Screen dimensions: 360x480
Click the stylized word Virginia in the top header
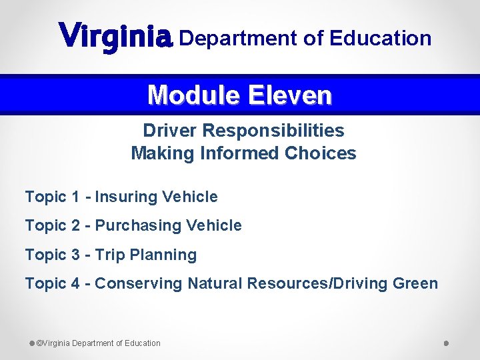pyautogui.click(x=116, y=36)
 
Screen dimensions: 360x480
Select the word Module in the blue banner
pyautogui.click(x=194, y=96)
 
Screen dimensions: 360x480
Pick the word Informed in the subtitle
pyautogui.click(x=241, y=153)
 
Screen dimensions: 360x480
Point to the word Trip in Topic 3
pyautogui.click(x=110, y=255)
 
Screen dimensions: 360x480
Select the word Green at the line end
pyautogui.click(x=415, y=283)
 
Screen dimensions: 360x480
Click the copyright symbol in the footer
pyautogui.click(x=39, y=343)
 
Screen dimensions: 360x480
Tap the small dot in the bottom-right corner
pyautogui.click(x=446, y=343)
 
